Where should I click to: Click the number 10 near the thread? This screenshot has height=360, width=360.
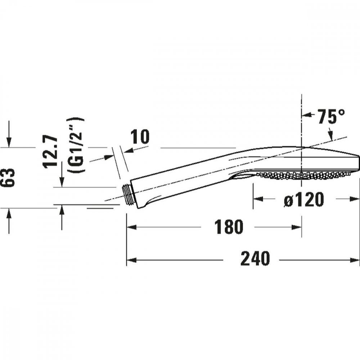140,137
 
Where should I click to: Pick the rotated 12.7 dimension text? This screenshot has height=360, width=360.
50,151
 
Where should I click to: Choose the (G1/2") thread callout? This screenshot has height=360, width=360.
76,146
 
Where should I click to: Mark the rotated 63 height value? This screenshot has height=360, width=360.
9,177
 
